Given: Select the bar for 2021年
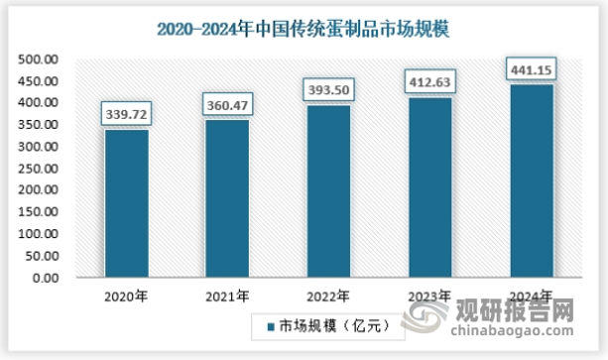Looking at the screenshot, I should point(227,198).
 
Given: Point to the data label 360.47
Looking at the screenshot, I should point(227,106).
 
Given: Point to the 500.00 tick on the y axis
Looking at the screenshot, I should point(39,60).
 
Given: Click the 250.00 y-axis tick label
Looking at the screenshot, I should point(39,169).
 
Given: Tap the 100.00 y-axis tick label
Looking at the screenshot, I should point(39,234).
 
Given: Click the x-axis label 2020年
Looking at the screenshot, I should point(126,296).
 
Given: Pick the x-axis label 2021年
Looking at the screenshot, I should point(227,296).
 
